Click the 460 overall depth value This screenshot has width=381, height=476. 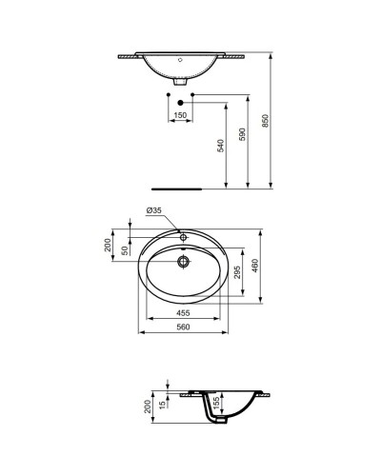click(255, 268)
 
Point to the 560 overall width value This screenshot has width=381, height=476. click(184, 327)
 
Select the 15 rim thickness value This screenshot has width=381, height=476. click(163, 405)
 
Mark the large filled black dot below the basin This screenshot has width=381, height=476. click(180, 102)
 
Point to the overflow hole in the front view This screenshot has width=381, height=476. click(182, 59)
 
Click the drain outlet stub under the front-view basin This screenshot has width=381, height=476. click(182, 82)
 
